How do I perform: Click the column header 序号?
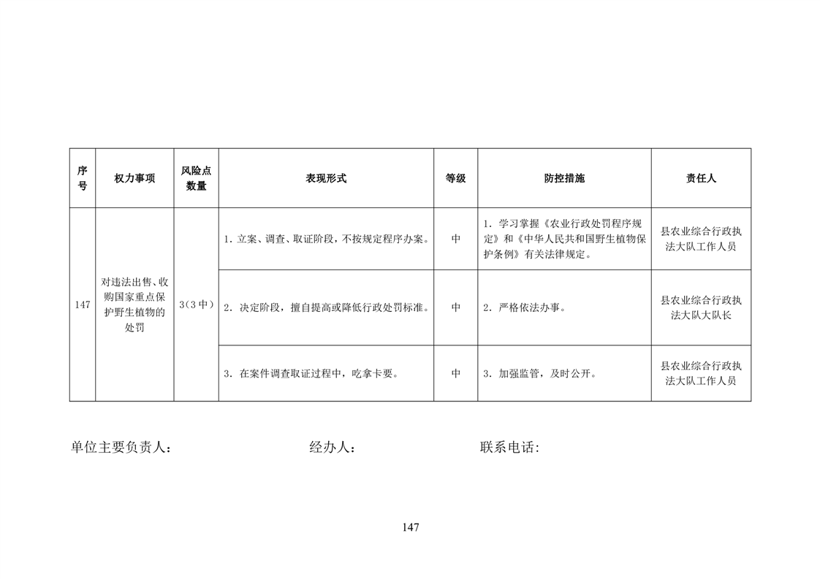point(83,178)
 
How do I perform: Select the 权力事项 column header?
point(135,178)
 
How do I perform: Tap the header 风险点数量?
point(196,178)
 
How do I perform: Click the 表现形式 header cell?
point(327,178)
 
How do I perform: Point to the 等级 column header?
point(455,178)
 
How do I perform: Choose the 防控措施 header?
point(564,178)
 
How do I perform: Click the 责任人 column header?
point(701,178)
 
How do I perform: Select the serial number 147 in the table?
point(83,304)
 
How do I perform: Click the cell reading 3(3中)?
point(196,304)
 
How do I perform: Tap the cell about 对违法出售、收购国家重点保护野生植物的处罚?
point(134,304)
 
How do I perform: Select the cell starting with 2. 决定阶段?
point(327,308)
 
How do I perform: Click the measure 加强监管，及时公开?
point(543,374)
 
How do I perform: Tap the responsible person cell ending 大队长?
point(701,308)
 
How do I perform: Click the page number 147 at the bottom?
point(411,527)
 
